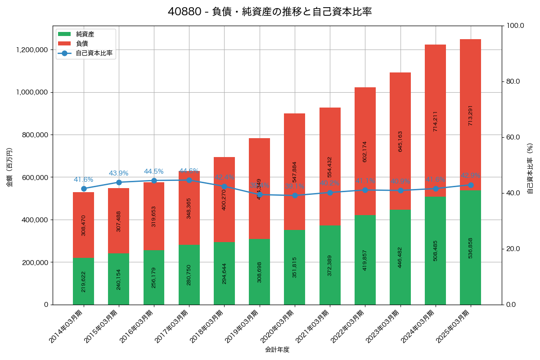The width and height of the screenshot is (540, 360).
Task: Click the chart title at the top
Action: pyautogui.click(x=270, y=12)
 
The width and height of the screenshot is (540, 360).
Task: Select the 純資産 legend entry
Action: pyautogui.click(x=85, y=34)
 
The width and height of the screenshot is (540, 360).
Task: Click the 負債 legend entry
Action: pyautogui.click(x=82, y=44)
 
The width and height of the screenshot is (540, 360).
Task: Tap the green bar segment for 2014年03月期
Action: pyautogui.click(x=84, y=281)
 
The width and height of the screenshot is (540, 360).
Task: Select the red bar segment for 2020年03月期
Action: pyautogui.click(x=295, y=171)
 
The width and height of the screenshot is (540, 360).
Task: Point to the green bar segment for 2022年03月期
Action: pyautogui.click(x=365, y=260)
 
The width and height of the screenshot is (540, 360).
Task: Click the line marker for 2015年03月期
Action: pyautogui.click(x=119, y=182)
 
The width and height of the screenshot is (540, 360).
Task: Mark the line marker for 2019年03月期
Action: pyautogui.click(x=260, y=194)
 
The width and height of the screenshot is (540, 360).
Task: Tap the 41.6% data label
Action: pyautogui.click(x=84, y=180)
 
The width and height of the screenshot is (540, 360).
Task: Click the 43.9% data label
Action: pyautogui.click(x=119, y=173)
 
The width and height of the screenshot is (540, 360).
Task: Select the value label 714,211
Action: pyautogui.click(x=435, y=121)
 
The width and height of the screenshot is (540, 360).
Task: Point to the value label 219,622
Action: pyautogui.click(x=84, y=281)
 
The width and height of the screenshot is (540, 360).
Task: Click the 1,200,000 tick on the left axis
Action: pyautogui.click(x=32, y=50)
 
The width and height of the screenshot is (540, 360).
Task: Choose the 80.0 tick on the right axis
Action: pyautogui.click(x=513, y=81)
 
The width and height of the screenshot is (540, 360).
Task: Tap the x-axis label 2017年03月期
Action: pyautogui.click(x=174, y=326)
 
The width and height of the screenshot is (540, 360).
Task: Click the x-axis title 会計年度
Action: pyautogui.click(x=277, y=349)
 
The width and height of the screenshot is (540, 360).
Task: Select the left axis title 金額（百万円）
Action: pyautogui.click(x=9, y=167)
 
